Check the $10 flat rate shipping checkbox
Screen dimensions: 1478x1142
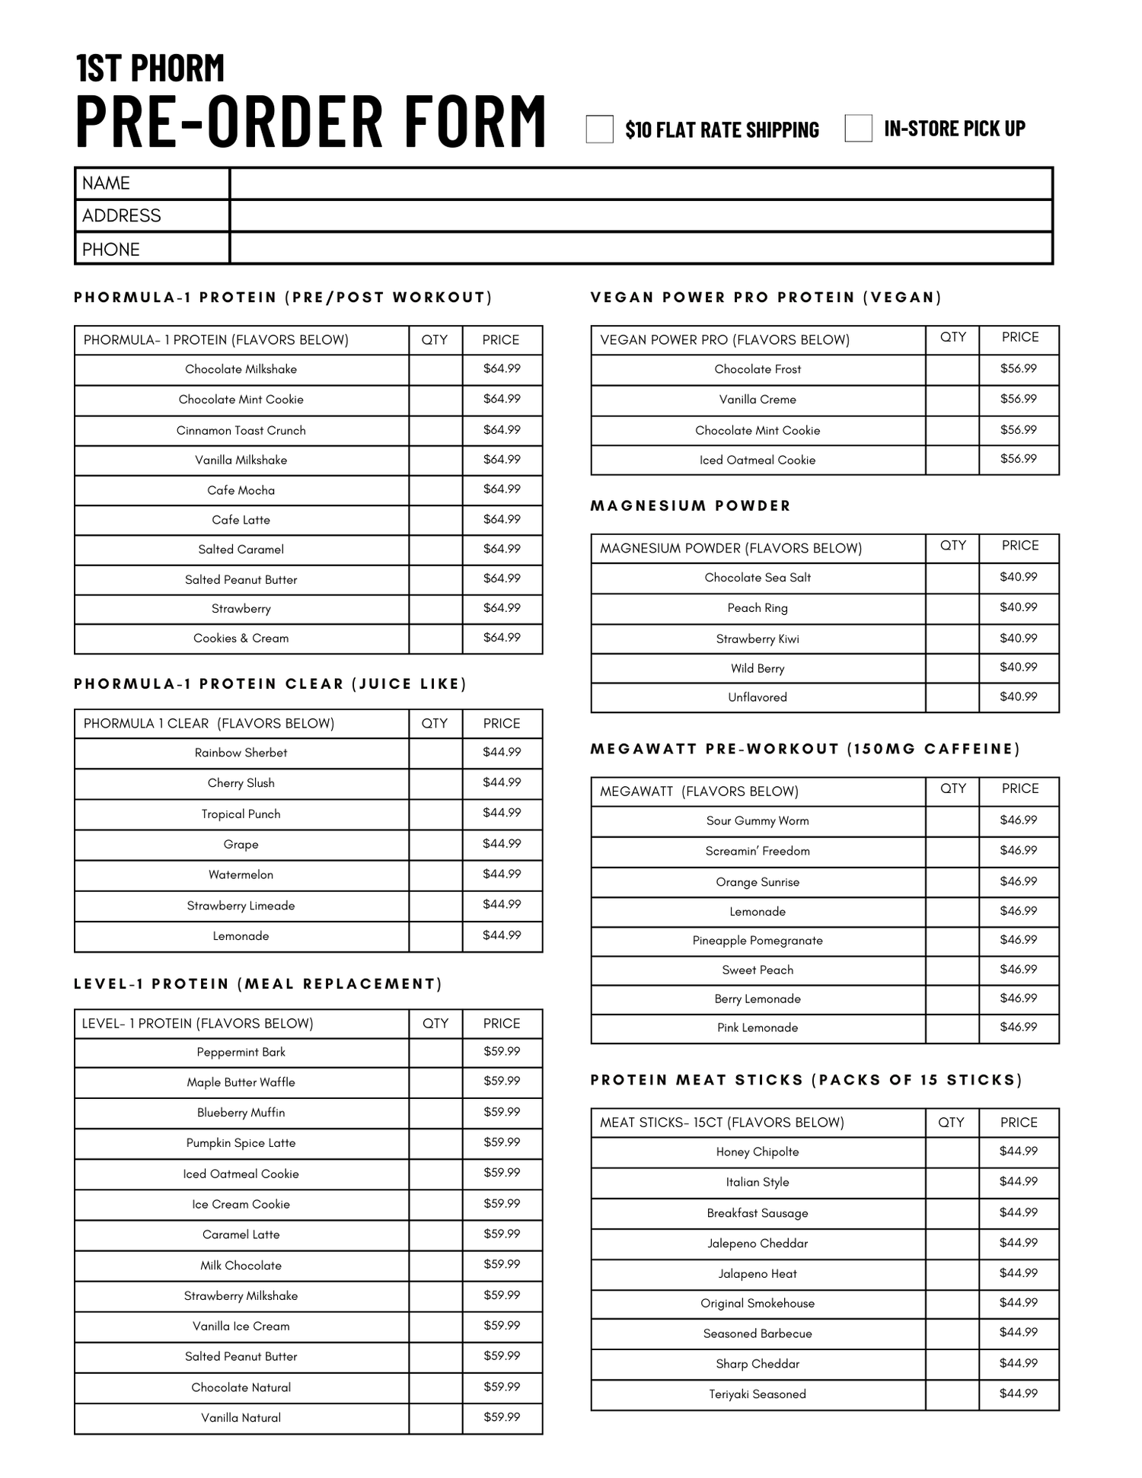pos(599,129)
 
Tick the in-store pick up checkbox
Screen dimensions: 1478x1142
pos(858,128)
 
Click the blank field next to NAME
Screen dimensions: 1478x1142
pos(640,183)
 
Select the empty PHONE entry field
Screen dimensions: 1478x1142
pos(640,249)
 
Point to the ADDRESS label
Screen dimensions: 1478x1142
pos(122,216)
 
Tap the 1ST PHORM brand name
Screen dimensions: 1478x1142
pos(151,68)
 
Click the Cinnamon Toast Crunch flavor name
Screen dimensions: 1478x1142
pos(241,431)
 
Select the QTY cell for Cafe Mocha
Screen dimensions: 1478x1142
pos(435,490)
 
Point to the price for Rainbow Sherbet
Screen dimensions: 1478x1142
pos(502,753)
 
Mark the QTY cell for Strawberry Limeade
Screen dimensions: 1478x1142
pos(435,906)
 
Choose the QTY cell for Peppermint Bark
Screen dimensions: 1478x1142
pos(435,1053)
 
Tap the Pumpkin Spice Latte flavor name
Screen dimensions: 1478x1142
pos(241,1143)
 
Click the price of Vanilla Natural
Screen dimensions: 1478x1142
pos(502,1418)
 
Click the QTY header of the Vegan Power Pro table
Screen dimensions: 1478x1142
pos(952,337)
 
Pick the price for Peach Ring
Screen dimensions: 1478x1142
pos(1019,607)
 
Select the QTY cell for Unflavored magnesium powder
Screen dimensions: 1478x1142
pos(952,697)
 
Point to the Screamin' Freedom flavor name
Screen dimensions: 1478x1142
pos(758,852)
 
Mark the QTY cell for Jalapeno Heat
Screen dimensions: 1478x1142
pos(952,1274)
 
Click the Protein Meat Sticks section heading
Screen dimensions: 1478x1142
pos(806,1080)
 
